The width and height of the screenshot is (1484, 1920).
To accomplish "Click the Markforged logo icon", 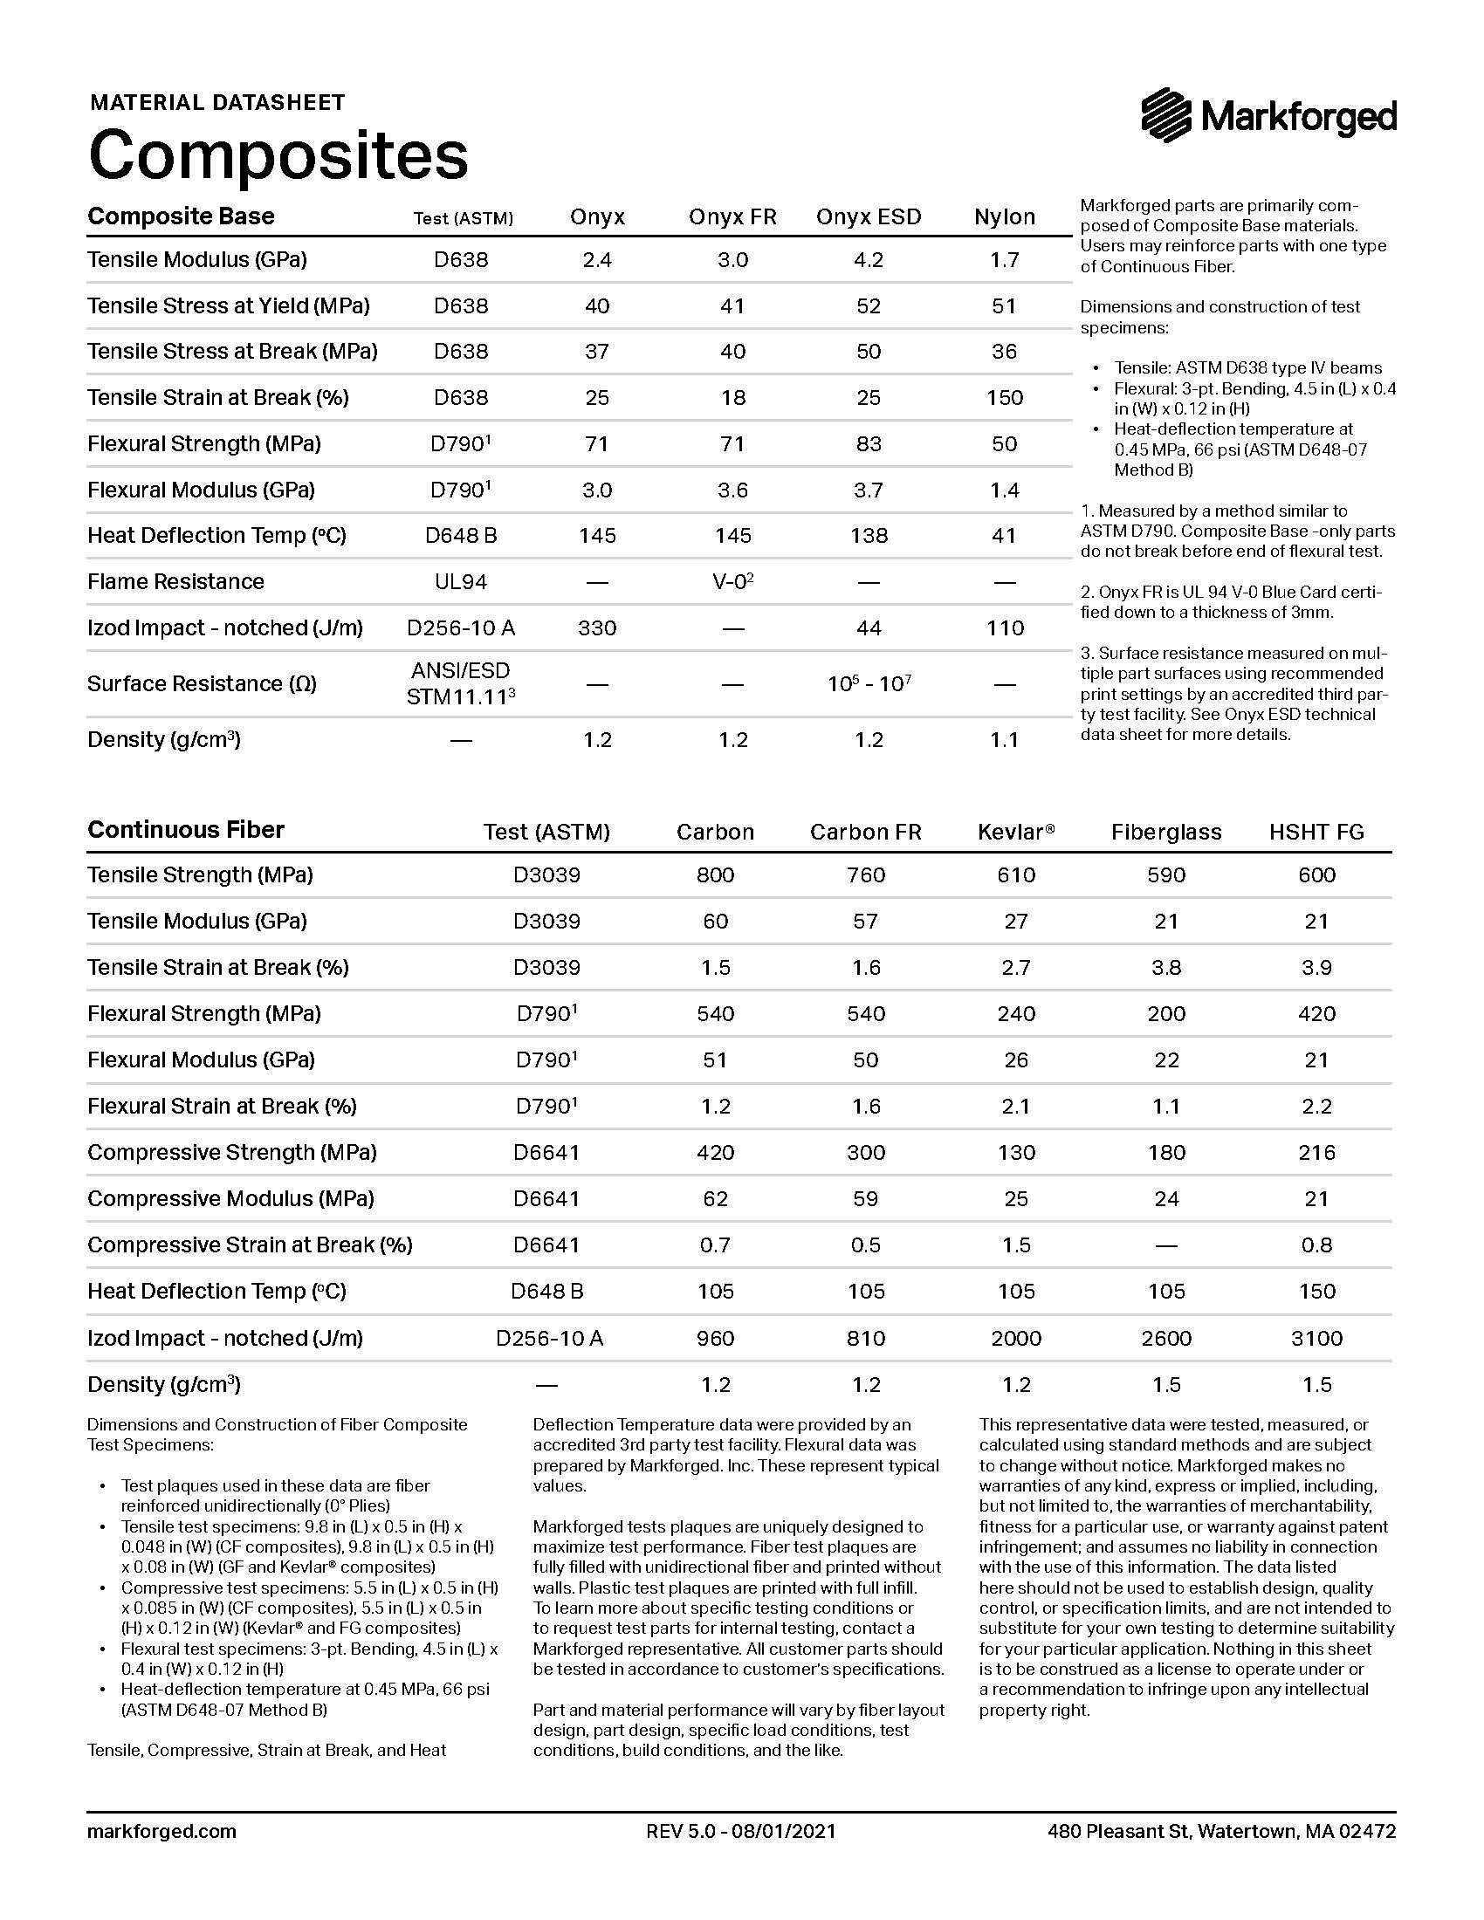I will (x=1166, y=115).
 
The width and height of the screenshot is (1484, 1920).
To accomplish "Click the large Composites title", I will (x=278, y=154).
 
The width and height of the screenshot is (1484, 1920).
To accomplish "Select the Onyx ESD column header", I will (x=868, y=217).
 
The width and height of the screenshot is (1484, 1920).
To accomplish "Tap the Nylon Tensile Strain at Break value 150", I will (x=1004, y=397).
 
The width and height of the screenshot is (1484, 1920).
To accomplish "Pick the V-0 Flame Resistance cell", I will (x=732, y=582).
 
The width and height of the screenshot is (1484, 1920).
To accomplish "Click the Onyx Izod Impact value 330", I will (x=597, y=628).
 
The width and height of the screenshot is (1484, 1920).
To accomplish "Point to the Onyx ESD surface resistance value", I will (x=869, y=684).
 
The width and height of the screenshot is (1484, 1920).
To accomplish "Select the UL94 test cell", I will (x=461, y=582).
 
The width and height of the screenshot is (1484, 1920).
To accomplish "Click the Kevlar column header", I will (x=1015, y=833).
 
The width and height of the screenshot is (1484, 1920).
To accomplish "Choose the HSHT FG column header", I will (x=1316, y=833).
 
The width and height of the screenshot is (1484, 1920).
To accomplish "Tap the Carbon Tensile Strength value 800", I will (x=715, y=875).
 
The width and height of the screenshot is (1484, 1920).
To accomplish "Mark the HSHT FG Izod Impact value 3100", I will (x=1316, y=1339).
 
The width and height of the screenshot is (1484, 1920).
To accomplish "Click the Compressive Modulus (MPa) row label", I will (x=230, y=1199).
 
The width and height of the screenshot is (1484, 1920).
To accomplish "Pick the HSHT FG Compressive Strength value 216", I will (x=1316, y=1153).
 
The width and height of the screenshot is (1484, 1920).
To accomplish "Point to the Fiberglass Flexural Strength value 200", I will (x=1165, y=1014).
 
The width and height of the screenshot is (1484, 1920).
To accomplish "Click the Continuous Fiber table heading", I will (x=185, y=830).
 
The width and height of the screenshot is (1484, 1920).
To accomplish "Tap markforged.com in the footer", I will (x=161, y=1832).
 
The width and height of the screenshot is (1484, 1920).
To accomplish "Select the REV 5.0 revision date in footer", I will (x=740, y=1832).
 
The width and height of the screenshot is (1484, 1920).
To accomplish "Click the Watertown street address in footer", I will (x=1221, y=1832).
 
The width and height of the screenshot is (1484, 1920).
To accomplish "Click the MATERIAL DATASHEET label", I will (x=217, y=103).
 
